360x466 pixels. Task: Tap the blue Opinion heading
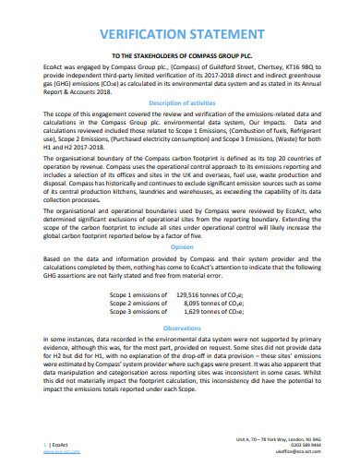coord(179,247)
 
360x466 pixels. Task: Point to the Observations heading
coord(179,327)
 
